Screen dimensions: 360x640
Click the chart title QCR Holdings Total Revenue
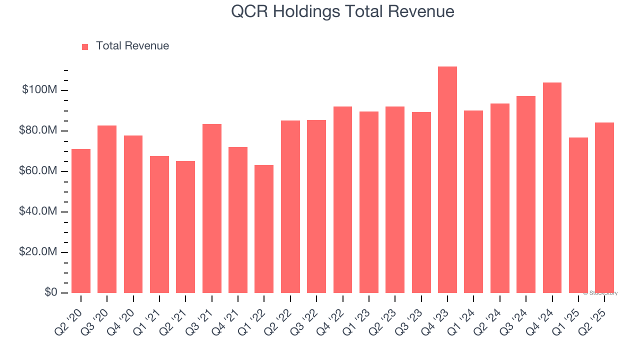(x=342, y=12)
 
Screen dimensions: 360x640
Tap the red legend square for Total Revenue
(x=85, y=46)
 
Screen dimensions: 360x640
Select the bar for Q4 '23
(x=447, y=179)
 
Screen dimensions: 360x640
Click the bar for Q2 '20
(x=81, y=221)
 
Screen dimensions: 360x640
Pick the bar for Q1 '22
(x=264, y=229)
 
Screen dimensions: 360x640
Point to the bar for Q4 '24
(x=552, y=187)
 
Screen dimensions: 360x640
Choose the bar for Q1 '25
(x=578, y=215)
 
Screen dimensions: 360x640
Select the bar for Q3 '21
(x=211, y=208)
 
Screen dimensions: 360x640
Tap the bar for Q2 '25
(x=604, y=207)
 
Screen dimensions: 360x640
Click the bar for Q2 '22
(x=290, y=206)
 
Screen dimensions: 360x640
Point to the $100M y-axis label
(x=39, y=90)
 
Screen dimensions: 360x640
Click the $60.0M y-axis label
(x=38, y=171)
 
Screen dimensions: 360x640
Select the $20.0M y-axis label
(x=38, y=252)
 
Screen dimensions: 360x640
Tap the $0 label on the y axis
(x=50, y=292)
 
